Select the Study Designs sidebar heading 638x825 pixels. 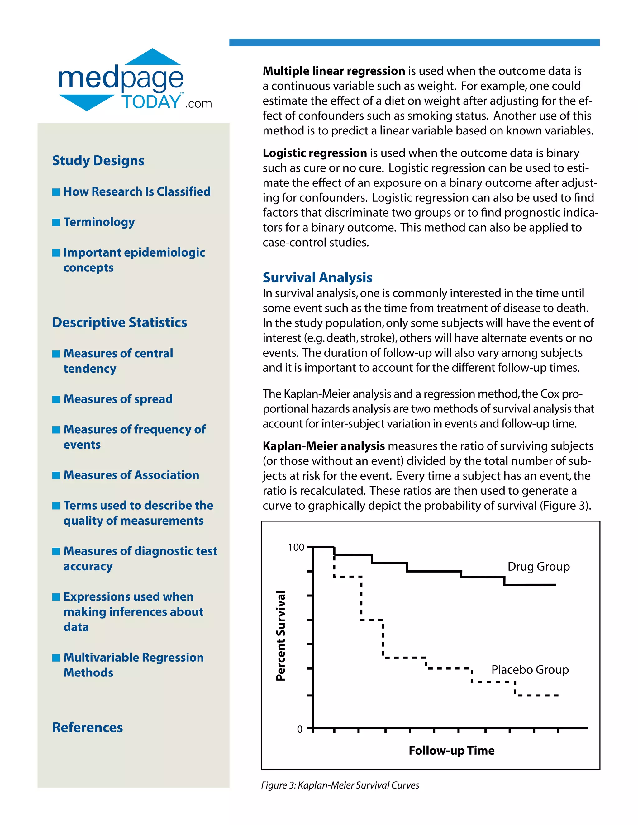pyautogui.click(x=98, y=161)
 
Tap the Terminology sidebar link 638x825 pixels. pyautogui.click(x=99, y=222)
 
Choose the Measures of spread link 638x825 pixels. pyautogui.click(x=118, y=399)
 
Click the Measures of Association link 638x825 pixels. pyautogui.click(x=131, y=475)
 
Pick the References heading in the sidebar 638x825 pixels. pyautogui.click(x=87, y=727)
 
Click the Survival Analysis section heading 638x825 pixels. pyautogui.click(x=317, y=278)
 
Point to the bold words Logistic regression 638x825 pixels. pyautogui.click(x=314, y=153)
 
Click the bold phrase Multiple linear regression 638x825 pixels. pyautogui.click(x=334, y=71)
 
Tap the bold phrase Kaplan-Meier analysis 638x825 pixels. pyautogui.click(x=324, y=446)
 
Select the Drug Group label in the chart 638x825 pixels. pyautogui.click(x=538, y=567)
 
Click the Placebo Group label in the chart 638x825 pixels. pyautogui.click(x=530, y=670)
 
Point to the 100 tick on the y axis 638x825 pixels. pyautogui.click(x=296, y=547)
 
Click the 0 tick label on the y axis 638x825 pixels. pyautogui.click(x=300, y=729)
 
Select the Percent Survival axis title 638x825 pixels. pyautogui.click(x=280, y=636)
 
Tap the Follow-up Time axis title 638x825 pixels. pyautogui.click(x=451, y=751)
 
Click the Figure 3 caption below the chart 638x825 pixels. pyautogui.click(x=340, y=785)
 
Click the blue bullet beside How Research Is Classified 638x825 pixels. pyautogui.click(x=56, y=192)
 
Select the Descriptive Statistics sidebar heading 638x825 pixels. pyautogui.click(x=119, y=322)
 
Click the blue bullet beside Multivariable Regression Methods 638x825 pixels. pyautogui.click(x=56, y=658)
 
